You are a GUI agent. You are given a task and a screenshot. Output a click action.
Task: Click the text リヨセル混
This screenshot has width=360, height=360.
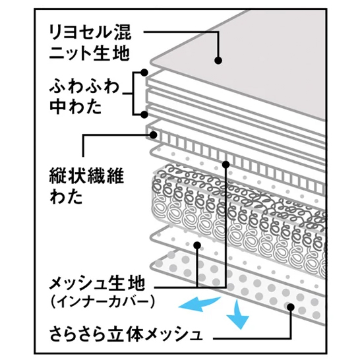(x=90, y=32)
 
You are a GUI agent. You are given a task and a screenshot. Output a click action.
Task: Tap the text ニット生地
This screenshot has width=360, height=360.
(x=90, y=53)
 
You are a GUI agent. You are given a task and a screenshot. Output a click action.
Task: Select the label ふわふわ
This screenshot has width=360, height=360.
(x=84, y=86)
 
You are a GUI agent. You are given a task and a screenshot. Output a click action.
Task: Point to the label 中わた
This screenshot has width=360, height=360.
(x=76, y=107)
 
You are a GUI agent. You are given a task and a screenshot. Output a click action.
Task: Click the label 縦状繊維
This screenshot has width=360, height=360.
(x=86, y=176)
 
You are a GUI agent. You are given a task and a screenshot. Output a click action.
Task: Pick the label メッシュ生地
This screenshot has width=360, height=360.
(x=97, y=284)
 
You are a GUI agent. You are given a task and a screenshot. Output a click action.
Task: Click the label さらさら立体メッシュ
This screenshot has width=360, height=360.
(x=126, y=334)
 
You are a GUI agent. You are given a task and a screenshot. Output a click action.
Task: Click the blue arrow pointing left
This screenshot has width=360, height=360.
(x=199, y=304)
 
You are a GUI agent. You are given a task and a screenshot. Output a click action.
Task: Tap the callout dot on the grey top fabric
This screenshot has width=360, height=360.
(x=218, y=61)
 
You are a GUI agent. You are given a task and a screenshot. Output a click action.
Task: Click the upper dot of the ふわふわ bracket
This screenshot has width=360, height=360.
(x=144, y=73)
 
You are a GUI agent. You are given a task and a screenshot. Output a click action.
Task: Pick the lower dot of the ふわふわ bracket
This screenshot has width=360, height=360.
(x=144, y=115)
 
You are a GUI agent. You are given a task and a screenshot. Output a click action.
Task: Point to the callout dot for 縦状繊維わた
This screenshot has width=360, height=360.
(x=153, y=135)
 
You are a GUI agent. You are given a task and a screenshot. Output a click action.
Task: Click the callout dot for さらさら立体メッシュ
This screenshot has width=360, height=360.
(x=291, y=307)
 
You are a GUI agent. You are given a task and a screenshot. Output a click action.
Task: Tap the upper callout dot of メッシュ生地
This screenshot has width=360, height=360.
(x=226, y=164)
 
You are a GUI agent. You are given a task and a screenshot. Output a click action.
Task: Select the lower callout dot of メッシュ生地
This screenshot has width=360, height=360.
(x=197, y=245)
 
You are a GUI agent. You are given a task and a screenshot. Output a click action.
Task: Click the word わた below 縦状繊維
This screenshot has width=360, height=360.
(x=66, y=196)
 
